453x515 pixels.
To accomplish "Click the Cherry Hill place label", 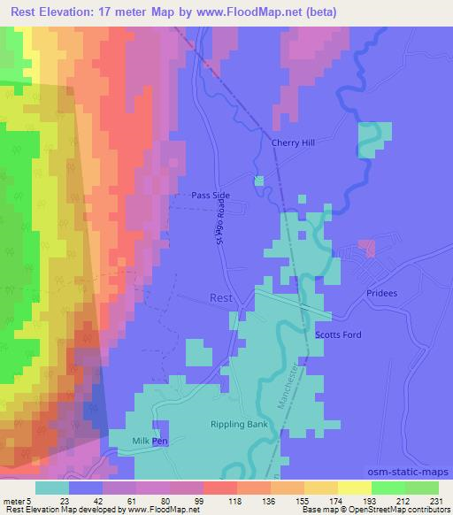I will coord(292,142).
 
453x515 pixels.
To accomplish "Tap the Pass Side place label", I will coord(211,196).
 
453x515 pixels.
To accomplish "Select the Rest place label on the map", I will coord(220,298).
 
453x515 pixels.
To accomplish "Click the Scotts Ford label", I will coord(338,335).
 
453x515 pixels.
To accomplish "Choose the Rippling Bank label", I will coord(238,425).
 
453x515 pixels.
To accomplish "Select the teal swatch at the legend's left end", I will coord(51,488).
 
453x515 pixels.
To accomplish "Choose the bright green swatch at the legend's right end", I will coord(421,488).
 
